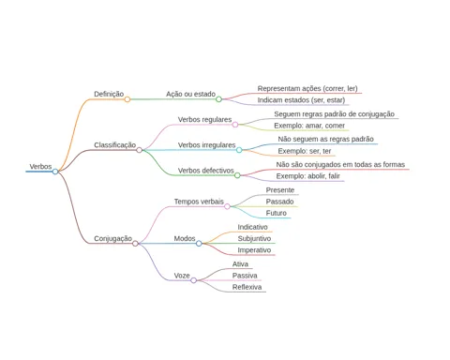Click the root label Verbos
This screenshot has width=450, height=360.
point(40,167)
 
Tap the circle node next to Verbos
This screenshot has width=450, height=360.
point(55,172)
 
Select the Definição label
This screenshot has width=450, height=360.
point(109,94)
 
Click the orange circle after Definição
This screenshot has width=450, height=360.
point(127,99)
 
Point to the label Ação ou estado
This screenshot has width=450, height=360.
point(190,94)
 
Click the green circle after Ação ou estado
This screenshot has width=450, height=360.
point(218,99)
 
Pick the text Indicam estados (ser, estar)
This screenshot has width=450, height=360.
point(301,100)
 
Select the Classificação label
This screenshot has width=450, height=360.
point(115,145)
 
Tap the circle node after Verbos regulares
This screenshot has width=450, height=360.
point(235,125)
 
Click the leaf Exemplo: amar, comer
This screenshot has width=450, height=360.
point(309,126)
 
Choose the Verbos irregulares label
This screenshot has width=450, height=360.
point(206,145)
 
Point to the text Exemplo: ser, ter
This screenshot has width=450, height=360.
point(305,151)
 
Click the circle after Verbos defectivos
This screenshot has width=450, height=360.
point(237,175)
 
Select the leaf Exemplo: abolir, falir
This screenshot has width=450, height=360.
point(307,176)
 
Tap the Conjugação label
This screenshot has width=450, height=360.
point(112,239)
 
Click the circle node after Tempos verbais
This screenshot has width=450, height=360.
point(227,206)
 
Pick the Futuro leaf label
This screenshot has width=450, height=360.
point(277,213)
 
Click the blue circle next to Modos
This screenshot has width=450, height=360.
point(199,243)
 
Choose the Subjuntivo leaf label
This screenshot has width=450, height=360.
point(254,239)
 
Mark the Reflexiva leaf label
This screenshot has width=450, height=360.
point(247,287)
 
